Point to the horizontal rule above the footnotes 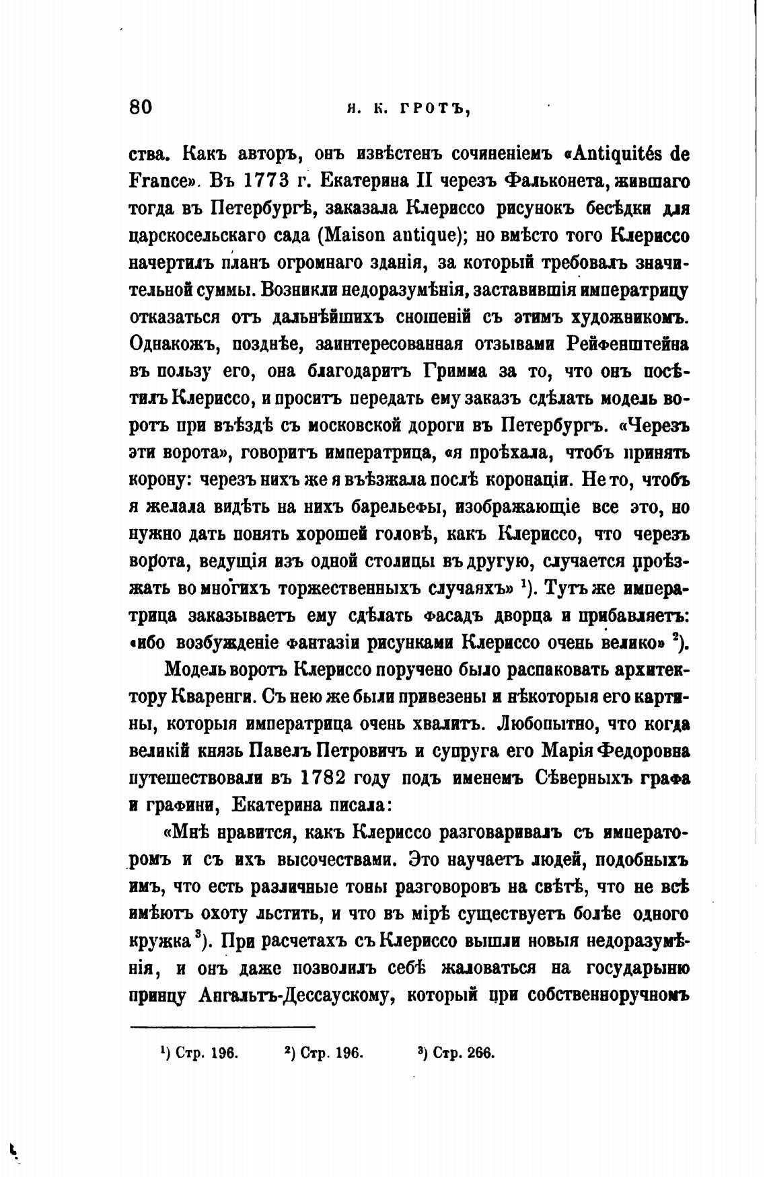(222, 1026)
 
